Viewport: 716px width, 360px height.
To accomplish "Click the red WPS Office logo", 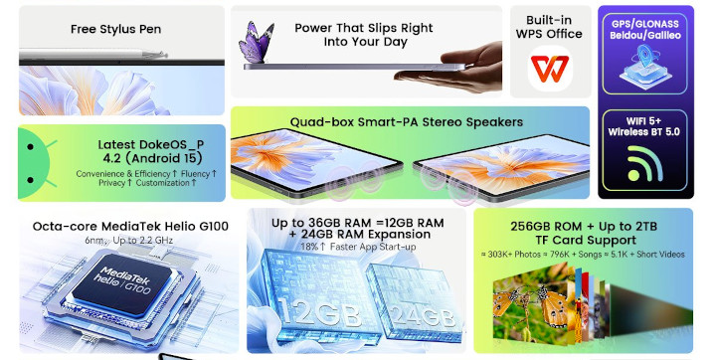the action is point(549,69).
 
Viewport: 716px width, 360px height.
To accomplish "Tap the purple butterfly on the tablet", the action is point(257,43).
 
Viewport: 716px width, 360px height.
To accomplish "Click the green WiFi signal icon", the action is point(644,163).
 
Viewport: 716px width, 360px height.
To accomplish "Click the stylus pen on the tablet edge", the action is point(93,55).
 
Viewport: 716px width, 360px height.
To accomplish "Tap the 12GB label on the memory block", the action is point(319,314).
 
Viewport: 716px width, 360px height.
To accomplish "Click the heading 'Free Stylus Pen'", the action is point(115,29).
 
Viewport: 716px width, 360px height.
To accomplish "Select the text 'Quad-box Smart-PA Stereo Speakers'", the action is point(407,122).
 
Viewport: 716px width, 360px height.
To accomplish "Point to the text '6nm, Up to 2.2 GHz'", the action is point(128,241).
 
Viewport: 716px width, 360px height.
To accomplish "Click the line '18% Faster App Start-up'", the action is point(358,247).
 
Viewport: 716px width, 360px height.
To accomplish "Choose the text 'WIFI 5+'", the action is point(643,121).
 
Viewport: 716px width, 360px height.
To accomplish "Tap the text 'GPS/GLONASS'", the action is point(644,24).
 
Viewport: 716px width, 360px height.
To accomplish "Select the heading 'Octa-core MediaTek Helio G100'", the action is point(130,226).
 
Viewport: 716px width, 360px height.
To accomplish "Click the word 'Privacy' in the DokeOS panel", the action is point(111,183).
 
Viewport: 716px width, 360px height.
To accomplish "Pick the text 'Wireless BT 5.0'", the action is point(643,132).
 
